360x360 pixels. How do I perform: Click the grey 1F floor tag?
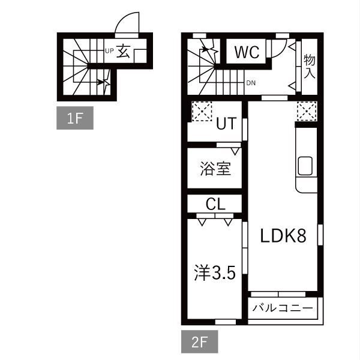[75, 118]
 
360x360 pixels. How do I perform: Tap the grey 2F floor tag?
[200, 341]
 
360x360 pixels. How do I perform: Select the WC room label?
[247, 52]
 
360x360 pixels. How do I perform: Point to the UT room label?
[226, 124]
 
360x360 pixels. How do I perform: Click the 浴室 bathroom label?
[215, 169]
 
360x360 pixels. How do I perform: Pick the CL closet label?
[215, 204]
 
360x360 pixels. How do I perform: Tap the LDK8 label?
[283, 236]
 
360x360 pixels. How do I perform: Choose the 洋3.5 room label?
[215, 273]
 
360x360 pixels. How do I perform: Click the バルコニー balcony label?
[283, 308]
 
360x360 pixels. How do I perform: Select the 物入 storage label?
[309, 67]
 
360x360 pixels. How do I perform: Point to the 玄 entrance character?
[123, 52]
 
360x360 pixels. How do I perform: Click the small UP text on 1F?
[109, 51]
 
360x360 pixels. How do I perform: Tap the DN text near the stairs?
[251, 83]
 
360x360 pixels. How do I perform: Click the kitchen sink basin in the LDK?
[305, 166]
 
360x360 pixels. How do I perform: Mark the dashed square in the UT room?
[202, 111]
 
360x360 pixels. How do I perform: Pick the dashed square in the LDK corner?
[307, 111]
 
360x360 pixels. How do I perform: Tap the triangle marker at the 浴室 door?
[235, 151]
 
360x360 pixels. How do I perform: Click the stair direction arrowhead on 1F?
[100, 82]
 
